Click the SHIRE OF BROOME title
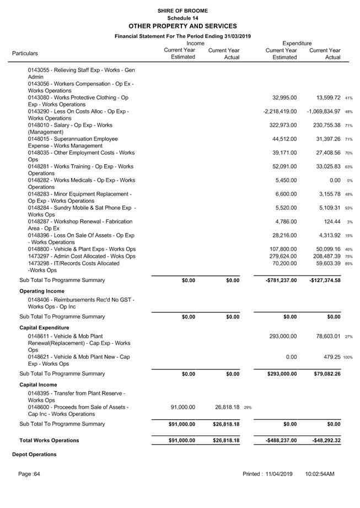pos(182,10)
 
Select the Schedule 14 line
pos(182,18)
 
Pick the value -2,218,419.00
pos(280,111)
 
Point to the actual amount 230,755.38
pos(325,125)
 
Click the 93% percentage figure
pos(348,208)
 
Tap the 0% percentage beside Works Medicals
pos(350,181)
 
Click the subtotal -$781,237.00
pos(281,280)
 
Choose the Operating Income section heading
pos(42,291)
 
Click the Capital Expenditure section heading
pos(44,327)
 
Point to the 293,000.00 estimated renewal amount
pos(283,336)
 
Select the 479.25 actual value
pos(330,357)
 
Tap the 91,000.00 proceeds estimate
pos(183,407)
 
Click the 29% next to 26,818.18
pos(248,408)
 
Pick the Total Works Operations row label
pos(49,440)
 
